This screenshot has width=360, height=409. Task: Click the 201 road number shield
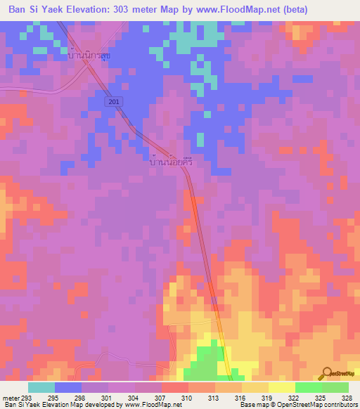click(115, 102)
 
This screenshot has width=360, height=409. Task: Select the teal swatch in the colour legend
click(41, 387)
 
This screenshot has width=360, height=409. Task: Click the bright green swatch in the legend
click(309, 387)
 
